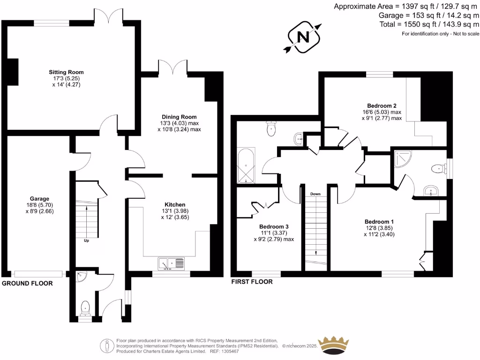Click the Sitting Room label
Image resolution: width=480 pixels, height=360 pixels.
coord(66,72)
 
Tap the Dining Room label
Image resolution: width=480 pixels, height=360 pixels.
coord(179,117)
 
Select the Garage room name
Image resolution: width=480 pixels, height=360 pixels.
coord(37,199)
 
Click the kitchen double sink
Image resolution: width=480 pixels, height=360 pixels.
coord(172,264)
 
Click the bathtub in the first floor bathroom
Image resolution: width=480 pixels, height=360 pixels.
coord(246,165)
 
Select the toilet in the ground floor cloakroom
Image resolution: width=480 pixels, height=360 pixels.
coord(85,308)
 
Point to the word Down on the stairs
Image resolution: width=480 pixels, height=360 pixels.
coord(315,194)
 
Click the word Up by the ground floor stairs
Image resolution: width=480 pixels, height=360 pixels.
coord(86,241)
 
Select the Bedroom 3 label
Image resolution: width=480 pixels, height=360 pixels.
coord(274,226)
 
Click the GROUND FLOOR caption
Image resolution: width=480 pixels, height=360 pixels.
coord(27,284)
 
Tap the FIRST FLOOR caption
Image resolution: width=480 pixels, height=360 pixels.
coord(252,282)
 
